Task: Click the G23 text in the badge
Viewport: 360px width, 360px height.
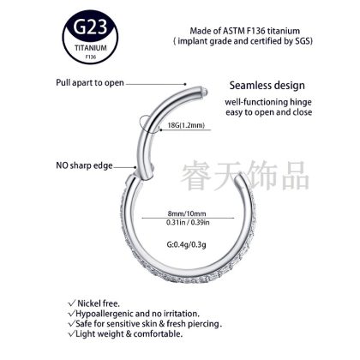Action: [x=90, y=27]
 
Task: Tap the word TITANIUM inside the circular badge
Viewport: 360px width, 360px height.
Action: [x=91, y=48]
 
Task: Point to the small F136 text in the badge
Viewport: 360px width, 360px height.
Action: [x=91, y=57]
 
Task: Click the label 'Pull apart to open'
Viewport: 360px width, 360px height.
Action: [x=90, y=83]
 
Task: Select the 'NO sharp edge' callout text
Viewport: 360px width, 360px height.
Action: [x=84, y=165]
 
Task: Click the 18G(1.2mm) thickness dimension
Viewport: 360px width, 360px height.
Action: [x=186, y=125]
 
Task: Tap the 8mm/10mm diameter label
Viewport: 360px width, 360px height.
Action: [x=187, y=213]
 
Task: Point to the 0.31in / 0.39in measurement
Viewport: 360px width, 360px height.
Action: [x=188, y=222]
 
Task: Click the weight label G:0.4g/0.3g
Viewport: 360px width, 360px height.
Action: [x=187, y=244]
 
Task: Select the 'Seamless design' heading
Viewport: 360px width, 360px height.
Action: [x=267, y=86]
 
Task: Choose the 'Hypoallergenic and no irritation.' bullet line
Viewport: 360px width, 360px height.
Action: [x=138, y=314]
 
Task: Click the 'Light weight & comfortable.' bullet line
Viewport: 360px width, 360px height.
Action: [x=129, y=333]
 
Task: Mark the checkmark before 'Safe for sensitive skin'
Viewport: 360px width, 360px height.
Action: [x=71, y=324]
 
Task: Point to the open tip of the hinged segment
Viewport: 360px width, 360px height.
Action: [x=205, y=91]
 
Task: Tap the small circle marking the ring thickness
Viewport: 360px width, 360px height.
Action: [x=149, y=123]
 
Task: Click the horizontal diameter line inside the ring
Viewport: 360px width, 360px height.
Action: [x=188, y=218]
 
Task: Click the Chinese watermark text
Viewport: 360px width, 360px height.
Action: [x=245, y=176]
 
